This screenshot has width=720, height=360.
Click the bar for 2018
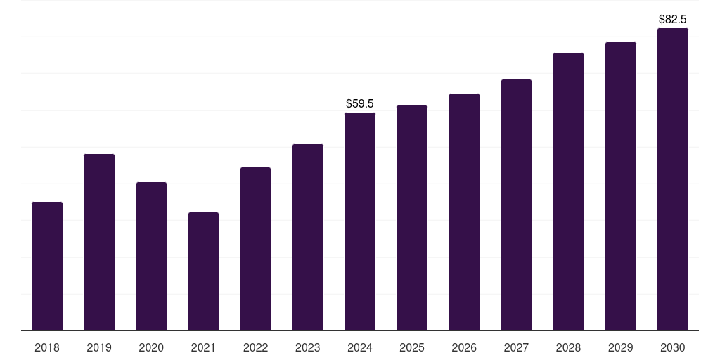point(47,266)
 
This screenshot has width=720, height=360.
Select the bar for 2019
point(99,243)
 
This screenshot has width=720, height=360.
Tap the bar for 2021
point(203,271)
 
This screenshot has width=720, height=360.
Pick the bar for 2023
point(308,238)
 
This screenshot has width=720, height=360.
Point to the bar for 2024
point(360,221)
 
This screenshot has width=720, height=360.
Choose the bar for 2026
point(464,212)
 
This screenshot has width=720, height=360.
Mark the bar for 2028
point(568,191)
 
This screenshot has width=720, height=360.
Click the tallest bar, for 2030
point(673,179)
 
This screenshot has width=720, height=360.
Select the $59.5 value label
point(360,103)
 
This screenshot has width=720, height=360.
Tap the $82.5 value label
point(673,19)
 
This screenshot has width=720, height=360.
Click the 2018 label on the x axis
point(47,347)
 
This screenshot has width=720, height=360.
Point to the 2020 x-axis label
point(151,347)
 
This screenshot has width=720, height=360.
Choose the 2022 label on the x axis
point(255,347)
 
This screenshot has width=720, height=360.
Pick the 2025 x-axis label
point(412,347)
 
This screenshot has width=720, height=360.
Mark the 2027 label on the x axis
point(516,347)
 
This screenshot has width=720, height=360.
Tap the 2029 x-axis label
point(620,347)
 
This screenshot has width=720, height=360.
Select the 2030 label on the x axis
point(673,347)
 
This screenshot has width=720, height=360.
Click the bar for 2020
point(152,256)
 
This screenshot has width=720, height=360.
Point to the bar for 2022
point(255,249)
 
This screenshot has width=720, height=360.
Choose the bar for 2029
point(621,186)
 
